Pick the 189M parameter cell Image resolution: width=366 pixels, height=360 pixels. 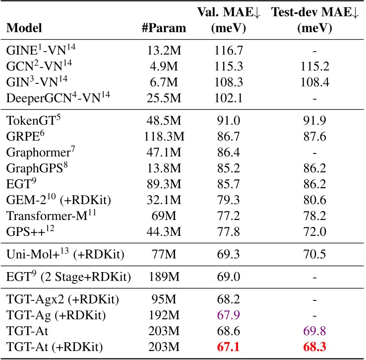(164, 276)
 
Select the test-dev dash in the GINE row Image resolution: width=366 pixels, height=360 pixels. (316, 51)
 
